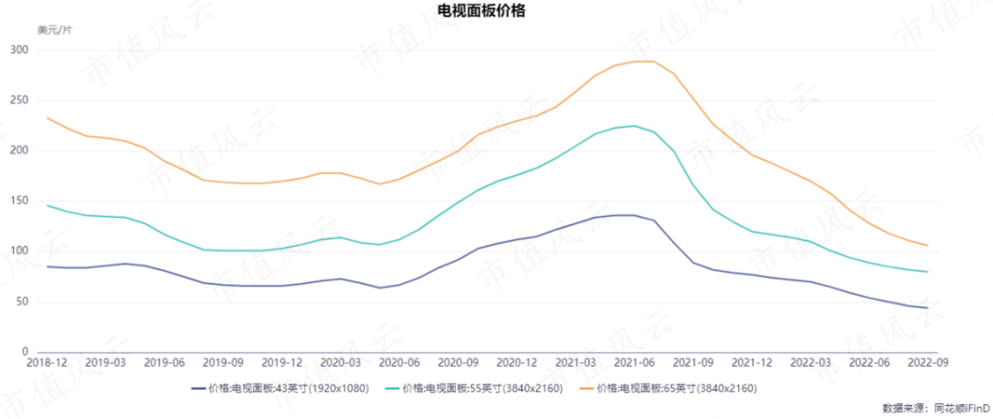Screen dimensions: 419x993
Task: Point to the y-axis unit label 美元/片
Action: (54, 30)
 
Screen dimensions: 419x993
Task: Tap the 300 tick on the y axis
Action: (19, 50)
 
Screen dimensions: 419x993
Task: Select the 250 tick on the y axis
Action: (19, 100)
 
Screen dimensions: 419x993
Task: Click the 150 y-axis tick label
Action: (19, 200)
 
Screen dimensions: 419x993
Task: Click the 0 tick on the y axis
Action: (26, 352)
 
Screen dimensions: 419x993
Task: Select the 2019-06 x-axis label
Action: (165, 364)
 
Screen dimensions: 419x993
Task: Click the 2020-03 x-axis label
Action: (341, 364)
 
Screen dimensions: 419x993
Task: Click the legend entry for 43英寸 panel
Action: (281, 389)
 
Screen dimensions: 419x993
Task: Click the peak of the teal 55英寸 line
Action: (633, 126)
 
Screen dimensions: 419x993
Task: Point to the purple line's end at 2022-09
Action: (927, 308)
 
